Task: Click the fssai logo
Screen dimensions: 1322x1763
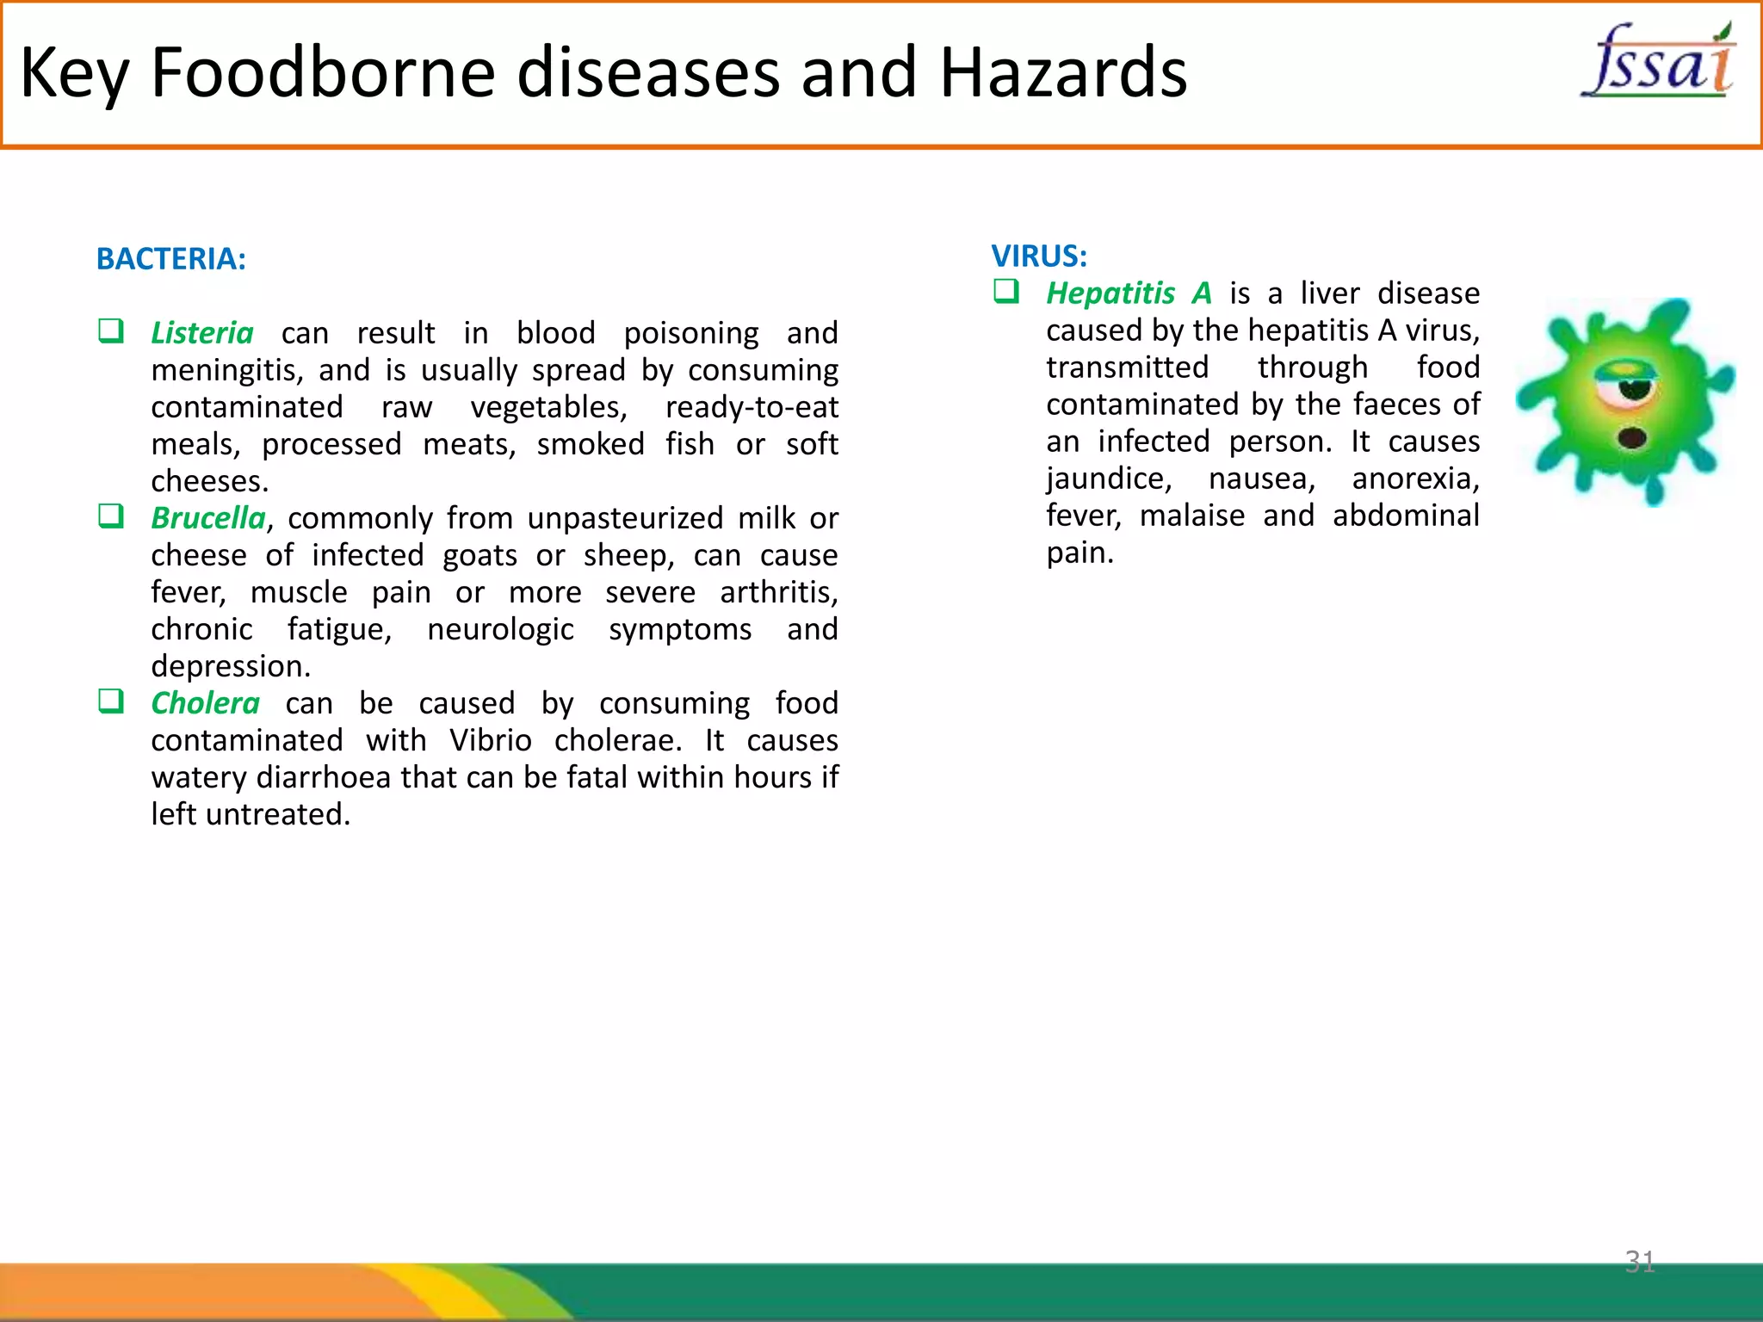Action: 1658,62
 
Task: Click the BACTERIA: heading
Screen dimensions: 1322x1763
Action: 171,259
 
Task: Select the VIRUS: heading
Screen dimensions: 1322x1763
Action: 1038,256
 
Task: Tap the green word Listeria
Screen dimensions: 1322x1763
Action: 202,333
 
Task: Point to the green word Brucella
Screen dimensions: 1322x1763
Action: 208,518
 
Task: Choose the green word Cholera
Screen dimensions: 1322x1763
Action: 205,703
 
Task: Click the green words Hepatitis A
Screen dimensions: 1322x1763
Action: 1129,293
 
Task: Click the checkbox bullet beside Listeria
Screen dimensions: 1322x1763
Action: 111,331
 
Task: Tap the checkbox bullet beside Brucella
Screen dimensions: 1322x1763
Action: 111,516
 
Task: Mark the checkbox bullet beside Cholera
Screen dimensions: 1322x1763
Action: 111,701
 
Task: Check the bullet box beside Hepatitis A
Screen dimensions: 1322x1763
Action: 1006,292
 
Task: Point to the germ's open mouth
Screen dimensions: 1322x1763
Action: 1632,438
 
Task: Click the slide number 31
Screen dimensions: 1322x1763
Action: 1639,1261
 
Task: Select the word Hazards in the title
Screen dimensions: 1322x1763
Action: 1062,72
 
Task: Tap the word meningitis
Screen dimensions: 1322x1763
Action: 226,371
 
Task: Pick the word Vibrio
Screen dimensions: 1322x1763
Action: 490,740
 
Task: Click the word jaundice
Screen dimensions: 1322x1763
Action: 1109,479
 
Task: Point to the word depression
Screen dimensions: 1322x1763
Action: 230,666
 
